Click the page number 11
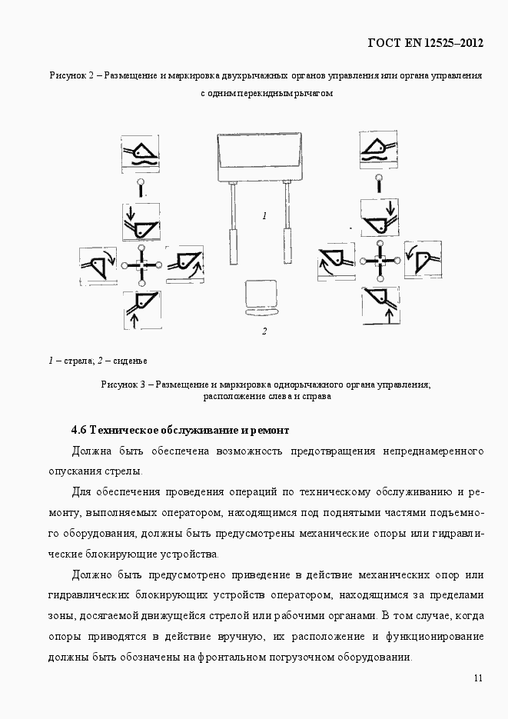tap(478, 677)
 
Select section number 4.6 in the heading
tap(79, 429)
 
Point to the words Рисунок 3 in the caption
tap(123, 384)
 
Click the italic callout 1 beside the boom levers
tap(264, 216)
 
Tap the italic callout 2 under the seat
tap(264, 331)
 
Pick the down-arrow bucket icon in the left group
tap(141, 222)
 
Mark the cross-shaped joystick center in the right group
tap(379, 261)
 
